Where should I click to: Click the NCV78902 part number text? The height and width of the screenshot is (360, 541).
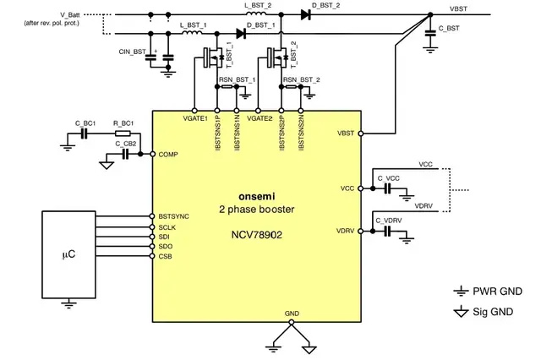(256, 235)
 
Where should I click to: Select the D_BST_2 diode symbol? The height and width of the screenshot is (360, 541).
(305, 14)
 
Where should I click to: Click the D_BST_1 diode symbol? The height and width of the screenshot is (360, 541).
(241, 34)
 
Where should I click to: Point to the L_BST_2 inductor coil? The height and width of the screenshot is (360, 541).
(256, 14)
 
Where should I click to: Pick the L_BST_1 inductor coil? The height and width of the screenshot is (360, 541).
(192, 33)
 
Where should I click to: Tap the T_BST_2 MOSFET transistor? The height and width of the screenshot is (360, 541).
(277, 57)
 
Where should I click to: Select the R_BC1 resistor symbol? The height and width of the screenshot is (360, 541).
(123, 134)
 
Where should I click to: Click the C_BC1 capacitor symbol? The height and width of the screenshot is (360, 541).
(84, 134)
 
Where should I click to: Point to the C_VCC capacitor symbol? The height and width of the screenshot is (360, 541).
(388, 188)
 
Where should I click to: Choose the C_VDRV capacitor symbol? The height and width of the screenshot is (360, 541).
(388, 232)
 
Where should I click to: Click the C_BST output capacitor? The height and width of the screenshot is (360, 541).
(430, 34)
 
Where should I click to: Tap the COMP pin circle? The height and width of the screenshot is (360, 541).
(153, 154)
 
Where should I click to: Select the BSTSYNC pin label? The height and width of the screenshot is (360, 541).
(173, 216)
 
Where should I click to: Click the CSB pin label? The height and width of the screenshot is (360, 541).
(165, 257)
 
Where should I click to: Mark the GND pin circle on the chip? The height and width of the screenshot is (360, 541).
(292, 322)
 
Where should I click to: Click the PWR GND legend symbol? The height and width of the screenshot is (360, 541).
(461, 292)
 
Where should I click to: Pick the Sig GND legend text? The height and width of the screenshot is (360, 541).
(493, 312)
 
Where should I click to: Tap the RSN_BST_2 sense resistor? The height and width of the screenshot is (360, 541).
(291, 86)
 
